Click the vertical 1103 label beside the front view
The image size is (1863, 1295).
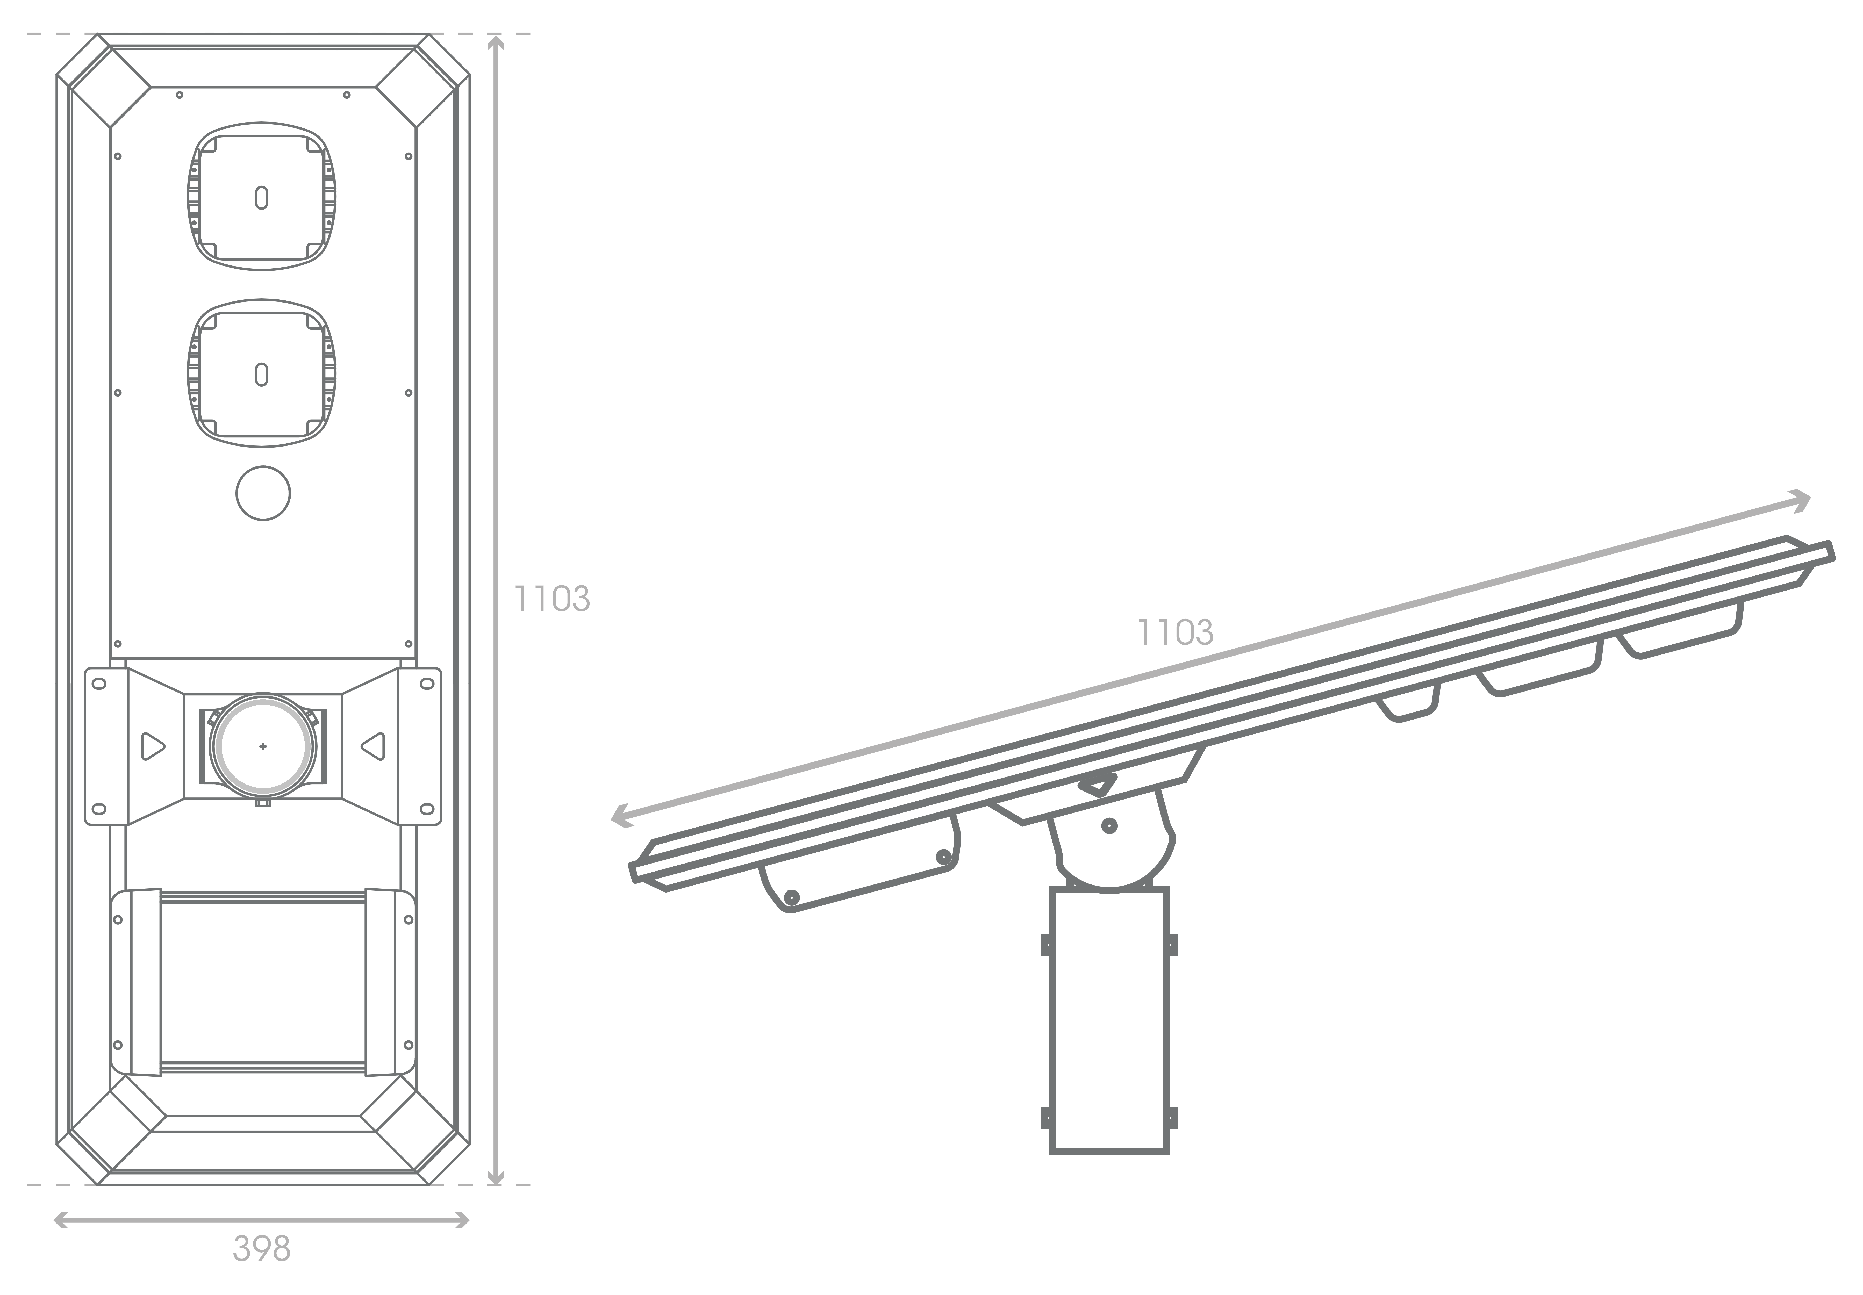pos(552,599)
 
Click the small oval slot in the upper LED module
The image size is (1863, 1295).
pos(261,198)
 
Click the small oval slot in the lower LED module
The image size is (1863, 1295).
pos(261,375)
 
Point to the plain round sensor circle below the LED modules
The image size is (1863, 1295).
pos(263,493)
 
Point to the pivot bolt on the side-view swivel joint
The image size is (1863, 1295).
pos(1109,826)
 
